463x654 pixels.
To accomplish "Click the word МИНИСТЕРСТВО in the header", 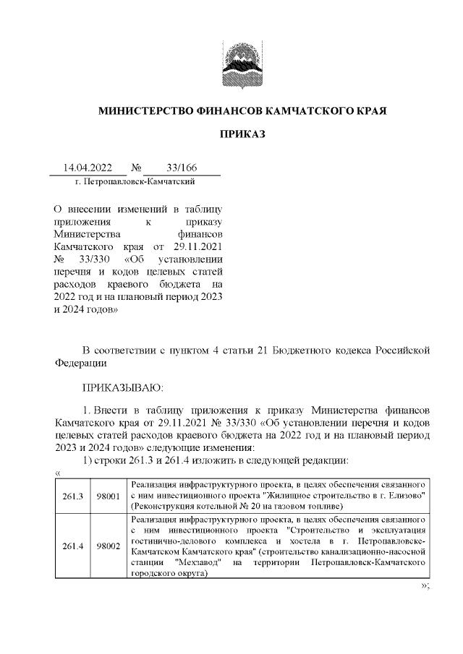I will (x=143, y=112).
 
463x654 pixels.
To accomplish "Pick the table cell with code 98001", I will (x=108, y=495).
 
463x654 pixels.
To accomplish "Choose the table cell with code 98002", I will (x=108, y=546).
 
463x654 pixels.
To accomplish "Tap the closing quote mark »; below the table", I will (x=425, y=585).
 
